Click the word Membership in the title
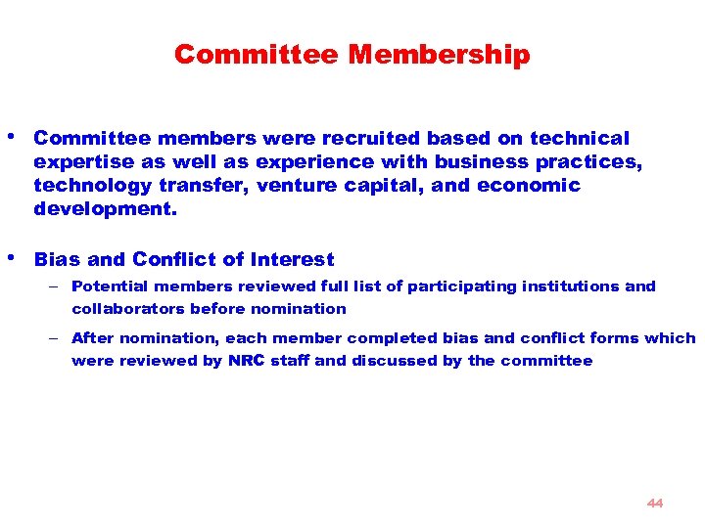click(439, 55)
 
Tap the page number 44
click(655, 503)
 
